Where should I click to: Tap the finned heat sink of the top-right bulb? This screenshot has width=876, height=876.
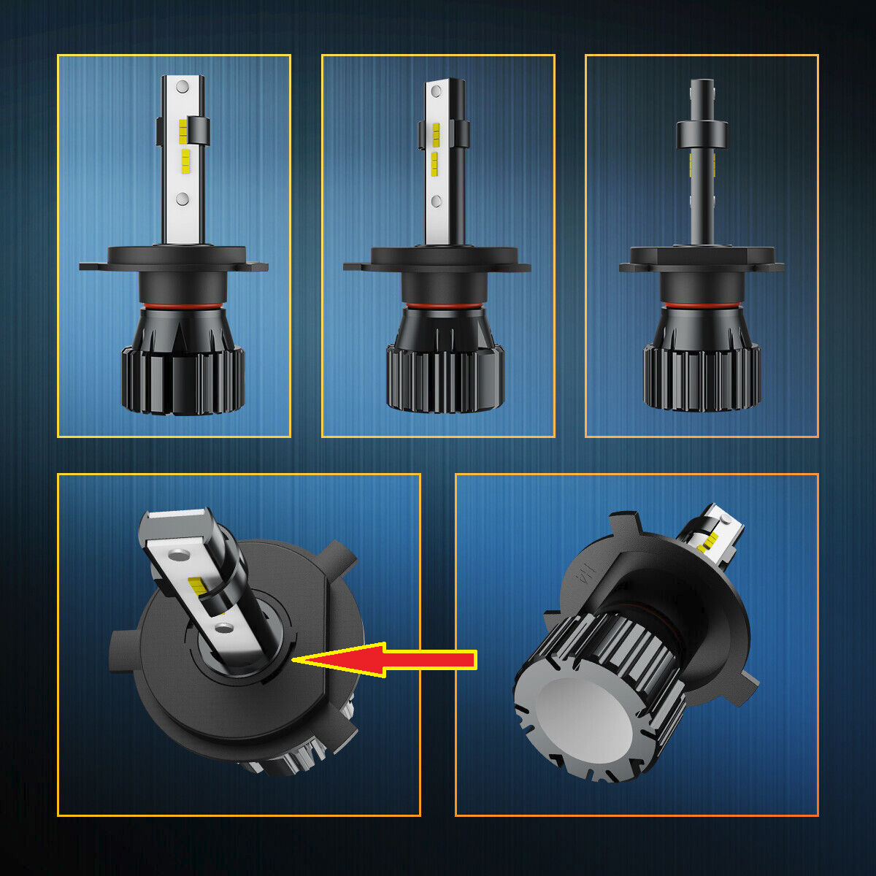pyautogui.click(x=702, y=372)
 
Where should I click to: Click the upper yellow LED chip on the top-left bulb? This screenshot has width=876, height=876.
pyautogui.click(x=184, y=129)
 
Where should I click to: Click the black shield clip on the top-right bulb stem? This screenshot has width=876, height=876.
pyautogui.click(x=702, y=133)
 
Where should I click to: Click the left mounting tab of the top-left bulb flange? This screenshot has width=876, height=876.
pyautogui.click(x=93, y=266)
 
